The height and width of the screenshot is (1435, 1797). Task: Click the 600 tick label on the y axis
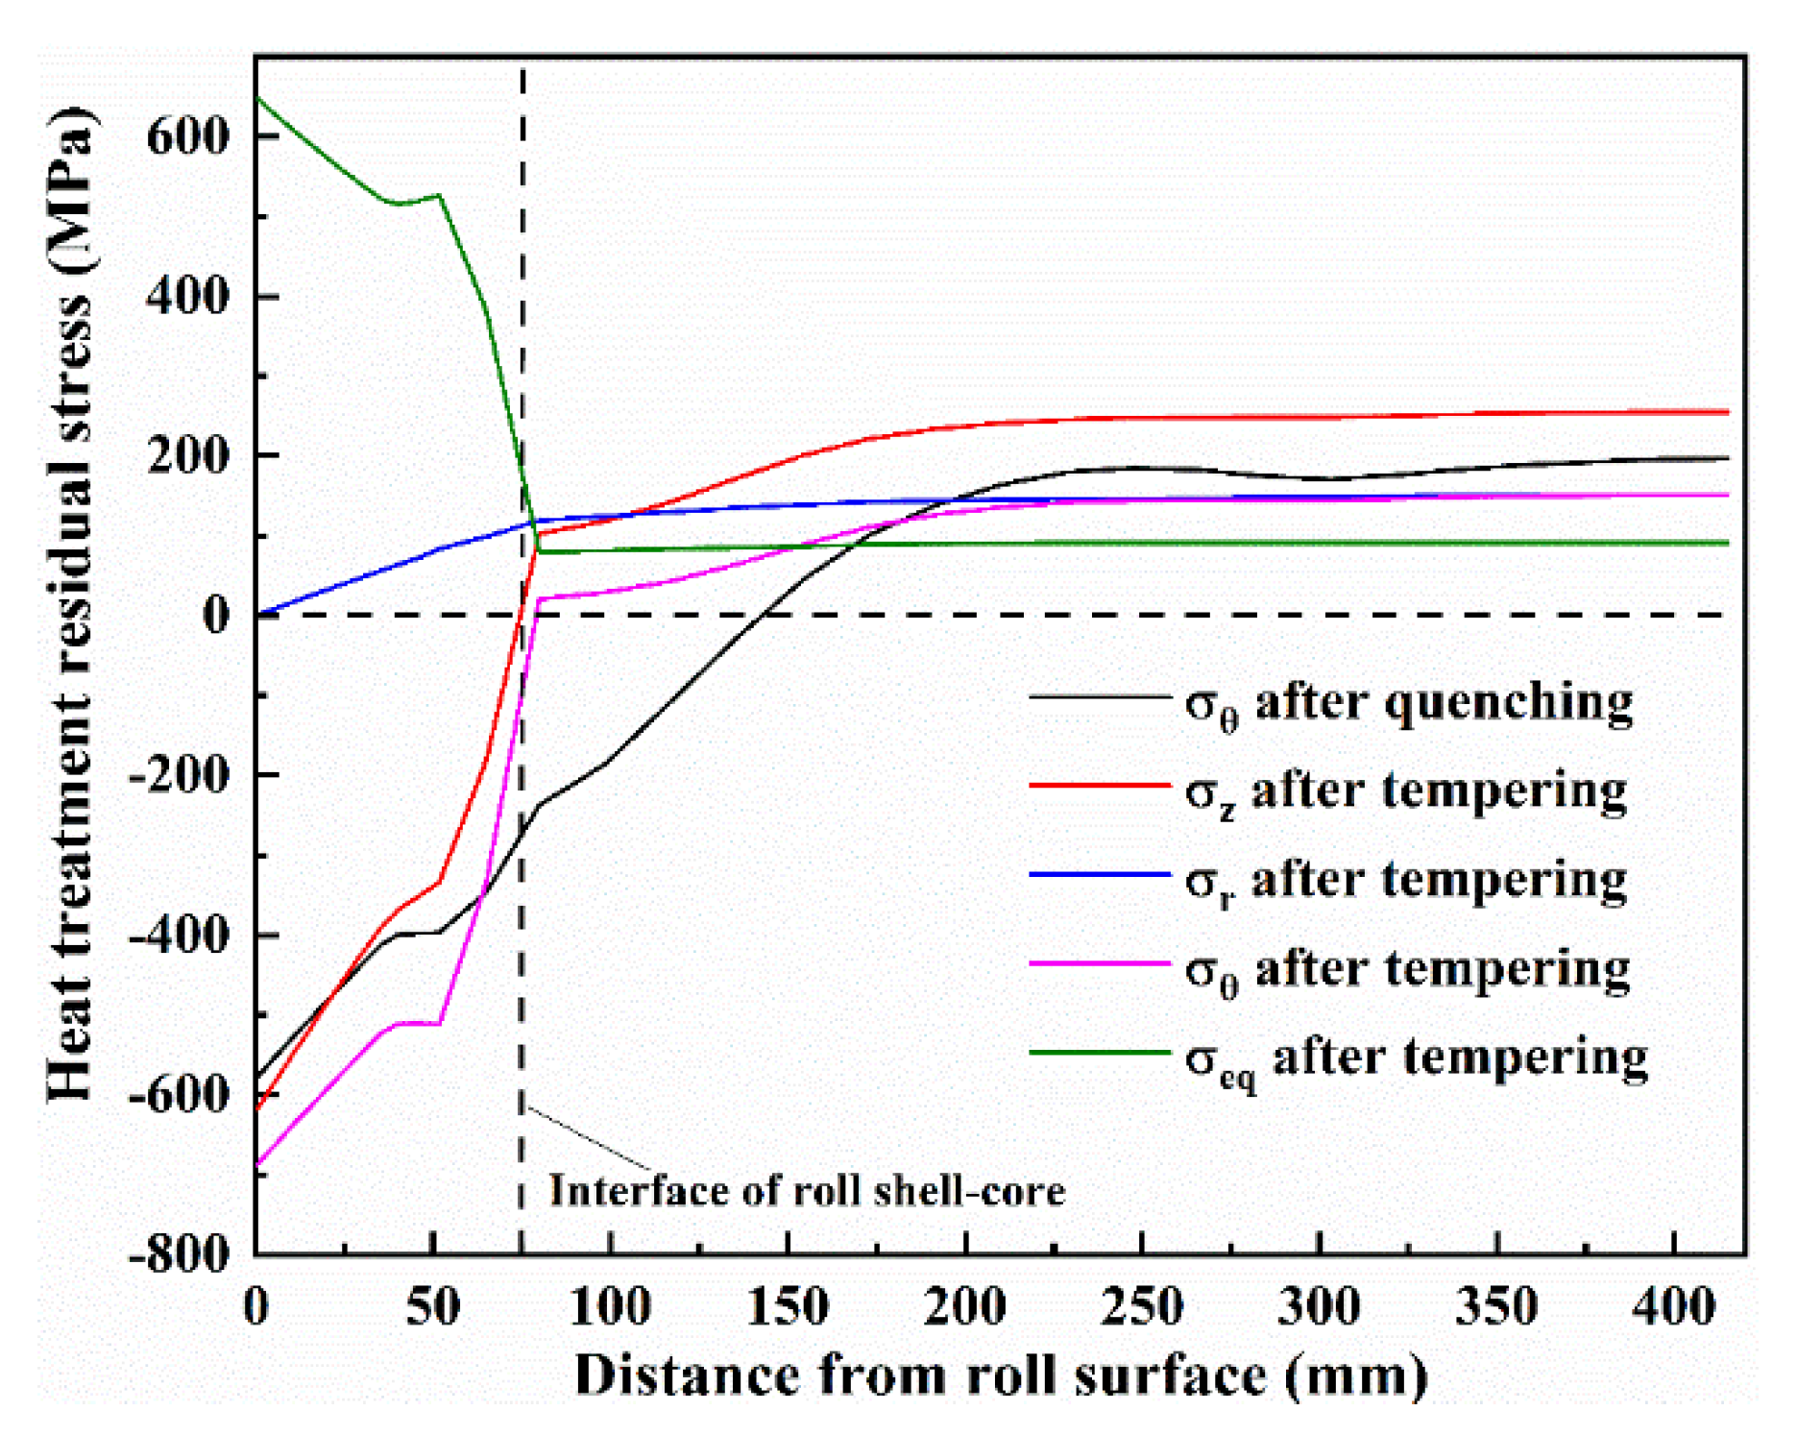[188, 135]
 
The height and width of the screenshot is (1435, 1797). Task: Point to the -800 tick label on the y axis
[180, 1253]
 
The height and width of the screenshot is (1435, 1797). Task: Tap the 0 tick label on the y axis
[216, 614]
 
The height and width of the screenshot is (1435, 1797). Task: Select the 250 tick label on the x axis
[1141, 1307]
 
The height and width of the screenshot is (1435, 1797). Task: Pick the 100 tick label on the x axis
[610, 1307]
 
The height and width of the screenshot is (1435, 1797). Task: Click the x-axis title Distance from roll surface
[999, 1375]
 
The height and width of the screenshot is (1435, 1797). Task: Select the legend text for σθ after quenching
[1408, 704]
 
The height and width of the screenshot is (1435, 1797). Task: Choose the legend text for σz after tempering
[1406, 793]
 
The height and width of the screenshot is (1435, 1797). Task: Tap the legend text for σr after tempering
[1406, 882]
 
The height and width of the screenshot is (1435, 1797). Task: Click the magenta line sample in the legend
[1100, 962]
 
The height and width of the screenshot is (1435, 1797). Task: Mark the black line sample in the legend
[1100, 695]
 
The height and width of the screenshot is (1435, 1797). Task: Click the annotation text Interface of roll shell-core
[807, 1191]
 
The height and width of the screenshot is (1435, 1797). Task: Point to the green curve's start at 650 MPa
[257, 98]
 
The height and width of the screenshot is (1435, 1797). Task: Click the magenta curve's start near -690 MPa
[257, 1164]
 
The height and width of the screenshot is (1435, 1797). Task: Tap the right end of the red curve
[1726, 412]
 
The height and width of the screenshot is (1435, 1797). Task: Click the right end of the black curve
[1726, 458]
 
